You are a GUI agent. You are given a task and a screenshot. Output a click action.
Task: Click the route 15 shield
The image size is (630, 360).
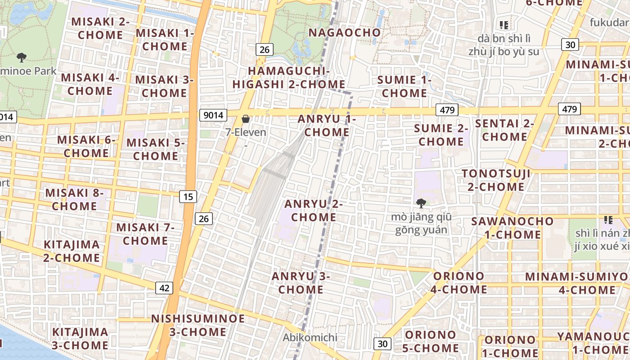click(189, 196)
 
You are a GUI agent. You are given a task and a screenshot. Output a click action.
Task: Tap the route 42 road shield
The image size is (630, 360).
click(164, 288)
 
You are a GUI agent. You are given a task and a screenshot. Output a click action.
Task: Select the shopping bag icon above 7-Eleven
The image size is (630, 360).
click(246, 119)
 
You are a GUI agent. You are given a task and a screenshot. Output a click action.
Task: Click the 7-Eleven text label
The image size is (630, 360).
click(246, 132)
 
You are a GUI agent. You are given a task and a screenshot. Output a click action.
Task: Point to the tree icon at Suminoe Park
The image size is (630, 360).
click(21, 58)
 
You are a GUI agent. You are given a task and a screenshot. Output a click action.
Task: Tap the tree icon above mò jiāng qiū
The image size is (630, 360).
click(421, 203)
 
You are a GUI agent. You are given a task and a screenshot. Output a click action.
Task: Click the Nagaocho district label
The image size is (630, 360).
click(345, 32)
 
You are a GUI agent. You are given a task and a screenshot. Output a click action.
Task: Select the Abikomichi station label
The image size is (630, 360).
click(310, 337)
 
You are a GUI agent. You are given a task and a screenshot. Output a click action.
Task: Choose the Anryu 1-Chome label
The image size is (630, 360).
click(327, 126)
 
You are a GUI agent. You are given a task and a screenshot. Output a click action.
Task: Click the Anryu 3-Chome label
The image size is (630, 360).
click(301, 283)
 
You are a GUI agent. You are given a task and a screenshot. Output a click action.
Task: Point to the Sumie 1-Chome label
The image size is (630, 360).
click(404, 86)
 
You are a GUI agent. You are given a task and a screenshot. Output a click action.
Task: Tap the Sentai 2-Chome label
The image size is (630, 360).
click(504, 130)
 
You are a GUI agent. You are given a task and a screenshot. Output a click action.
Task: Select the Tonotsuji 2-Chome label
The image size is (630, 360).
click(496, 180)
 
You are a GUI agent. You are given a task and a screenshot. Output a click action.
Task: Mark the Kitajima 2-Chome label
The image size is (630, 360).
click(72, 251)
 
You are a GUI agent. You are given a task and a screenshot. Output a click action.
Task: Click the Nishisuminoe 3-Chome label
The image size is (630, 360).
click(198, 325)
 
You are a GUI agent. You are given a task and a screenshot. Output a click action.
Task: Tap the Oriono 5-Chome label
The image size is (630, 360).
click(431, 341)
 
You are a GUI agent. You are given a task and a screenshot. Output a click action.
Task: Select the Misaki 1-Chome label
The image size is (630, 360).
click(165, 40)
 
